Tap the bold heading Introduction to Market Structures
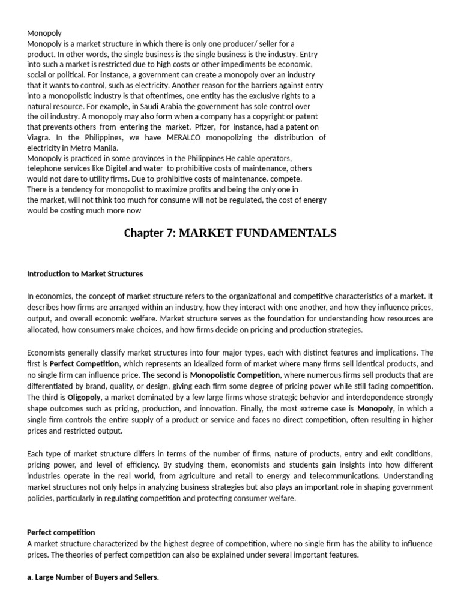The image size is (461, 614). (x=85, y=274)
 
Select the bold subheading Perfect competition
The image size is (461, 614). (x=61, y=532)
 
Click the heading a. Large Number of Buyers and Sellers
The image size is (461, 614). (x=93, y=577)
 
